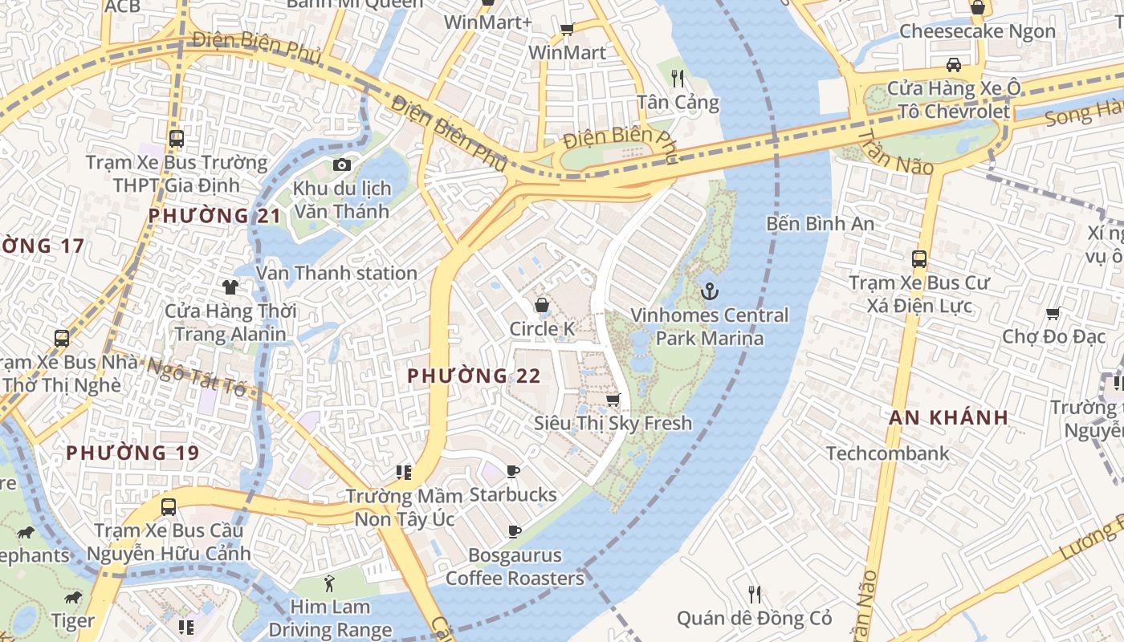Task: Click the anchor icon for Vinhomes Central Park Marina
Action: click(708, 291)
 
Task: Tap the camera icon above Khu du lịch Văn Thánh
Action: click(342, 165)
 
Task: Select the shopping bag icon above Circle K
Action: click(543, 305)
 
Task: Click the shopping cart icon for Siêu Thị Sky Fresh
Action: click(613, 399)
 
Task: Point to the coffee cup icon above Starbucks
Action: click(514, 471)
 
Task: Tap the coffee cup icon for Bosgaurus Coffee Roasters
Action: click(514, 531)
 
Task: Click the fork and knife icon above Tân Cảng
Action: click(678, 78)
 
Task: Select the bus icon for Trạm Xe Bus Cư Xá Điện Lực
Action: click(919, 259)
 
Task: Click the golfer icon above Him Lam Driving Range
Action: click(329, 583)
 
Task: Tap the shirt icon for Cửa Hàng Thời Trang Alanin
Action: click(230, 286)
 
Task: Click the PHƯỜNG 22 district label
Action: click(474, 376)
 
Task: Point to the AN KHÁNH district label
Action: click(948, 417)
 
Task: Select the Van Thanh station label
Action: click(336, 273)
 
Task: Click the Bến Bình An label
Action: click(820, 223)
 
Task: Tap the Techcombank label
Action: click(887, 453)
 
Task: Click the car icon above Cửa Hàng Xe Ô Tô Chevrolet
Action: click(953, 64)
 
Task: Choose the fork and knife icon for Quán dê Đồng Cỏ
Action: click(754, 594)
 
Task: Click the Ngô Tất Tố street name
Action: click(196, 376)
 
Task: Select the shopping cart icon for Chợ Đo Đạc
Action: click(1053, 313)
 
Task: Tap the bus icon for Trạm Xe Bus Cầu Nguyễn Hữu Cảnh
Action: click(169, 507)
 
